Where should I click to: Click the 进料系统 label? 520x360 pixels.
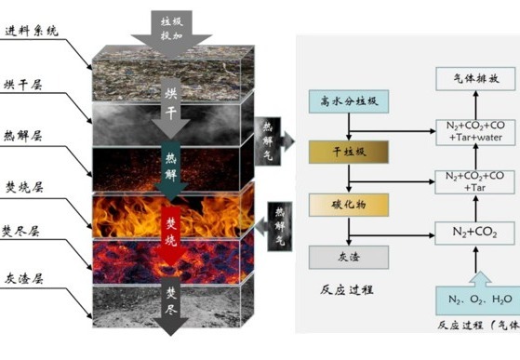tap(32, 31)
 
